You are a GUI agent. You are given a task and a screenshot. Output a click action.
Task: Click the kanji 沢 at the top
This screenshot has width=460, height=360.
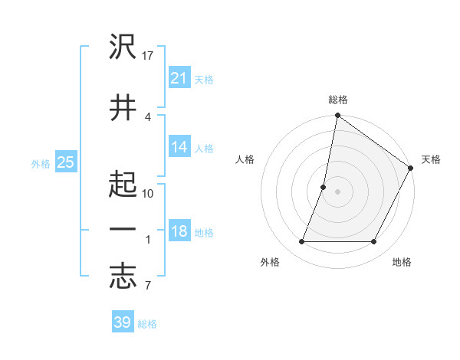pyautogui.click(x=123, y=47)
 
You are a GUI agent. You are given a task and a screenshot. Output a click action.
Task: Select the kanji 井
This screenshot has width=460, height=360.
pyautogui.click(x=123, y=107)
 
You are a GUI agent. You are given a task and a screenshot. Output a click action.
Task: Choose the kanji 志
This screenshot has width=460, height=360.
pyautogui.click(x=123, y=277)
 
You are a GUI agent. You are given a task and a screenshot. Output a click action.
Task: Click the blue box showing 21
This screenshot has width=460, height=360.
pyautogui.click(x=179, y=78)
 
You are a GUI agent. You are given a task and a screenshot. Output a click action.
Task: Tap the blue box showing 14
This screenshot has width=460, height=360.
pyautogui.click(x=179, y=148)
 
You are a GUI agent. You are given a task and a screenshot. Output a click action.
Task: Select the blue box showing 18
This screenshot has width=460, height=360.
pyautogui.click(x=179, y=232)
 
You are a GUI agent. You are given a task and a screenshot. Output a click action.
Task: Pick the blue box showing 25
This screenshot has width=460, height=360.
pyautogui.click(x=65, y=162)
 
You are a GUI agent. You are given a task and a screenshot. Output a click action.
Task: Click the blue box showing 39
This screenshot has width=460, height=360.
pyautogui.click(x=122, y=322)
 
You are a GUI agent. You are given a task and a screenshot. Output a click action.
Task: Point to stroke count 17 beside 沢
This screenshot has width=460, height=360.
pyautogui.click(x=149, y=55)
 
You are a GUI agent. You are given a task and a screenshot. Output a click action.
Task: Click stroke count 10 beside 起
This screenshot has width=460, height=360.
pyautogui.click(x=149, y=193)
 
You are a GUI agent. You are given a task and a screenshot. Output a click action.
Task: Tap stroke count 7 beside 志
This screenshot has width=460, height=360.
pyautogui.click(x=147, y=287)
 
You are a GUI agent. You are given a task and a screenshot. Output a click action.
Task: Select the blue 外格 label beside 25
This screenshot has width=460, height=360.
pyautogui.click(x=41, y=163)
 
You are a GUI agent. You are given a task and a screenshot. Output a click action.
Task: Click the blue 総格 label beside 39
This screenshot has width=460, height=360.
pyautogui.click(x=147, y=324)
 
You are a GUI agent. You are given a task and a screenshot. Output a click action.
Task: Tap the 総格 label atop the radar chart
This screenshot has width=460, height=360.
pyautogui.click(x=337, y=100)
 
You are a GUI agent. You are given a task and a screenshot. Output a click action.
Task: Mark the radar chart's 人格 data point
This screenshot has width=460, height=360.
pyautogui.click(x=324, y=187)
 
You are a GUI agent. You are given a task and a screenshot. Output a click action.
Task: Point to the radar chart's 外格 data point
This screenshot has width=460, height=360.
pyautogui.click(x=301, y=241)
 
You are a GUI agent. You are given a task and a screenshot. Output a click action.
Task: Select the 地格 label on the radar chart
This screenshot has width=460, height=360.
pyautogui.click(x=402, y=262)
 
